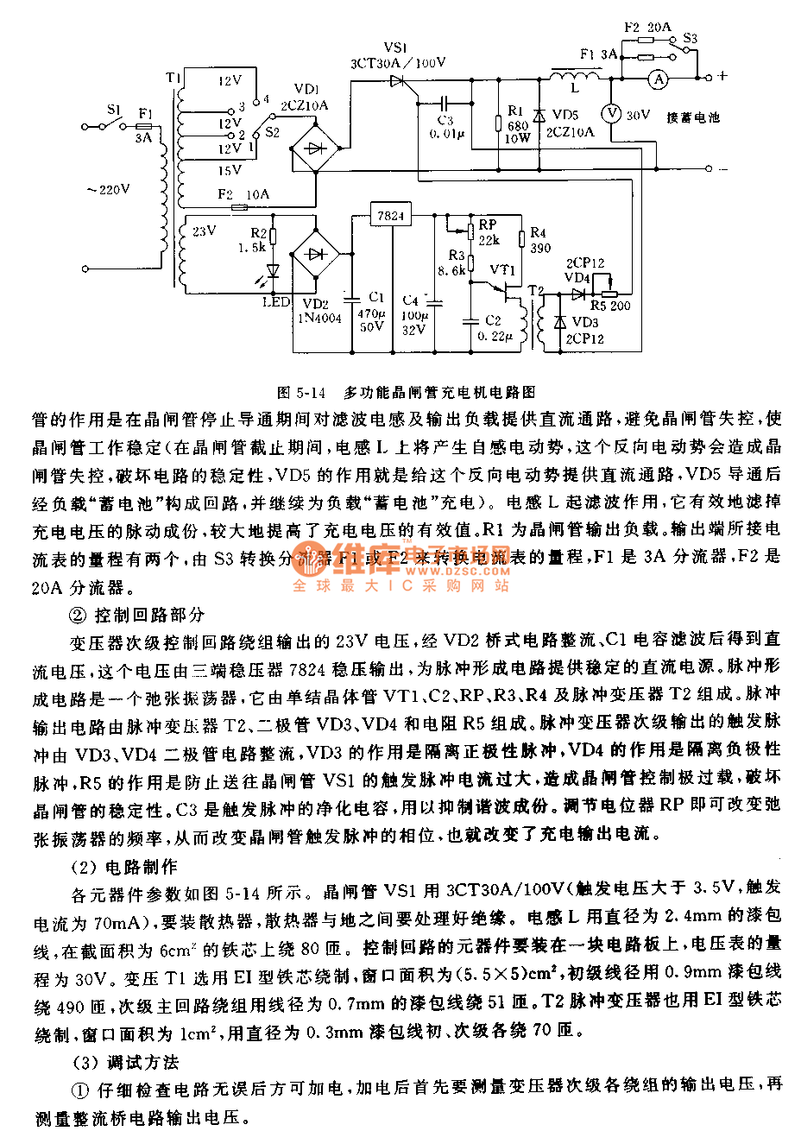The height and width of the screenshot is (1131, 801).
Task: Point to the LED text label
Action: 276,301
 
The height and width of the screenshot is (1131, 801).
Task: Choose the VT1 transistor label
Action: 502,269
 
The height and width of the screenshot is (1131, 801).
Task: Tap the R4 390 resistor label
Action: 539,240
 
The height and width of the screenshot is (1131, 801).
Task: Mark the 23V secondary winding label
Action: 204,231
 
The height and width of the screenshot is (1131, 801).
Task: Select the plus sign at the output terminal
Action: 722,76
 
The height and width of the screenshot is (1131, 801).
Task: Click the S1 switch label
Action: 115,110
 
